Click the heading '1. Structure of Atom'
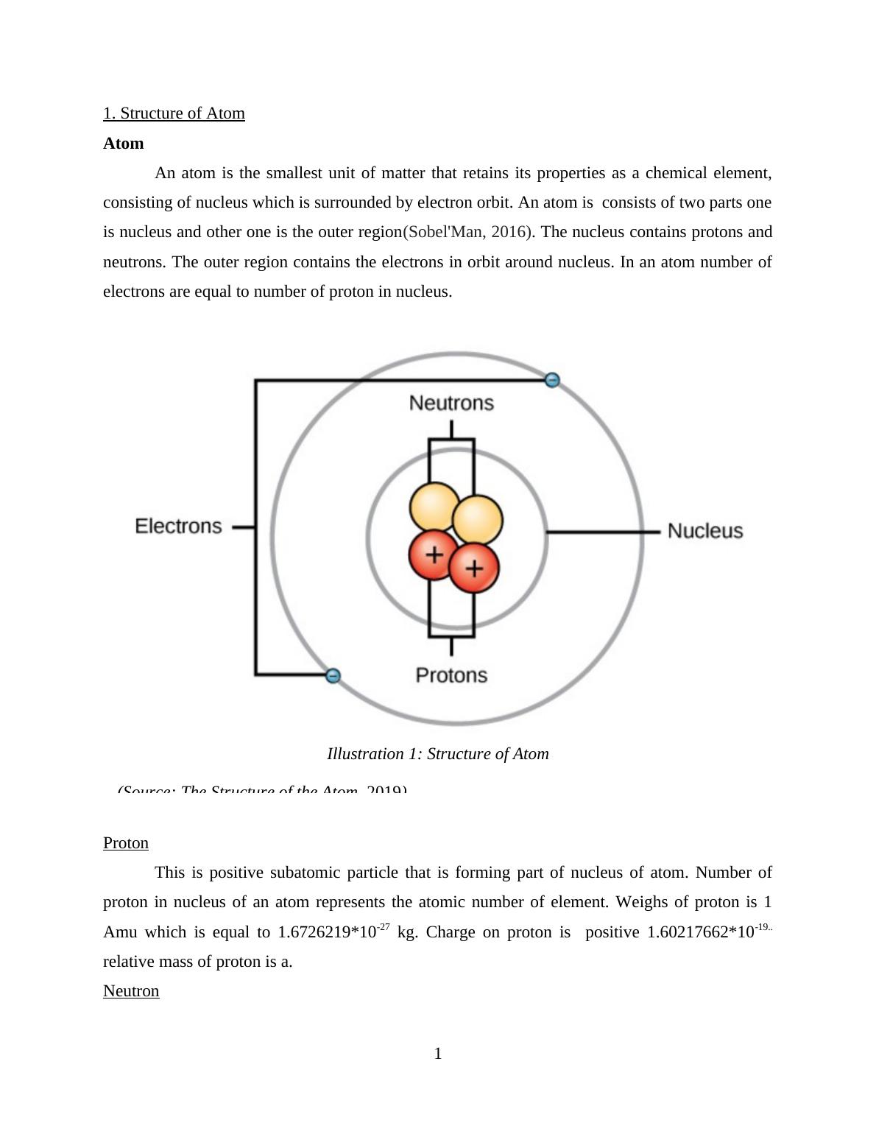[174, 113]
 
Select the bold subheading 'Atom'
[124, 144]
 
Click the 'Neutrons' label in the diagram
[451, 403]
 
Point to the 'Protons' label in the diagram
[451, 675]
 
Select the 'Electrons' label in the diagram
[178, 526]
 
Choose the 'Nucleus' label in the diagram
[705, 531]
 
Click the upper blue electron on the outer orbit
[552, 380]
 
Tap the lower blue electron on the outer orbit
[333, 675]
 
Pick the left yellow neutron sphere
[433, 506]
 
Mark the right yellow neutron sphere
[478, 518]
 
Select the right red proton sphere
[475, 568]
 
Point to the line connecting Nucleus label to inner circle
[604, 531]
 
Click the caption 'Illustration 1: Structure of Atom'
[438, 754]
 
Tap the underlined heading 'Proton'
[126, 843]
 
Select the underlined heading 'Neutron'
[131, 991]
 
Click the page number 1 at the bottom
[438, 1054]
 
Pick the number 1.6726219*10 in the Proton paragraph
[328, 932]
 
